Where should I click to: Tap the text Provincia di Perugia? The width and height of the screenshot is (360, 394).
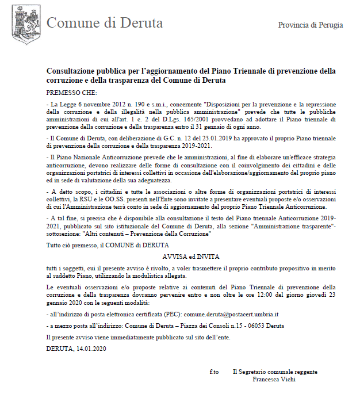[x=310, y=25]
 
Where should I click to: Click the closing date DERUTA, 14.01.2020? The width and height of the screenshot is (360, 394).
[x=76, y=347]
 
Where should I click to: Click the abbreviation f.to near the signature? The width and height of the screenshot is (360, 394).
[x=214, y=372]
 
